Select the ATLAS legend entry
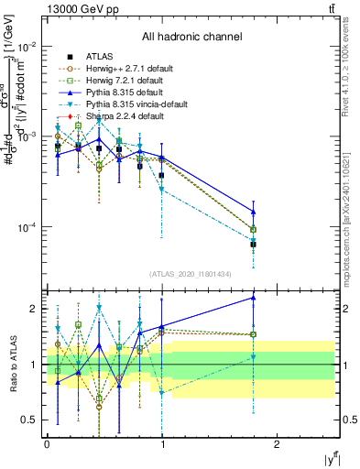pos(97,55)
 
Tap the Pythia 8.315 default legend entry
pos(121,93)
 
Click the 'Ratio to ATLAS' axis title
pos(10,364)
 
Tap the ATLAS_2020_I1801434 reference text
pos(191,274)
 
